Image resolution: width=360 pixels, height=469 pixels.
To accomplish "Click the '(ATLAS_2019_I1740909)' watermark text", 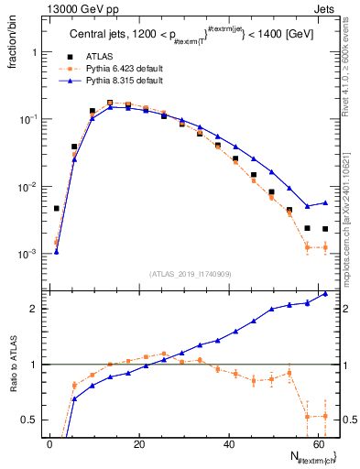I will [x=190, y=274].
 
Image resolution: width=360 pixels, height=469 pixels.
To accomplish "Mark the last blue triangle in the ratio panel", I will [x=325, y=294].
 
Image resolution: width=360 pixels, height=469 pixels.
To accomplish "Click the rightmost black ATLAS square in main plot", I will [x=325, y=229].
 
